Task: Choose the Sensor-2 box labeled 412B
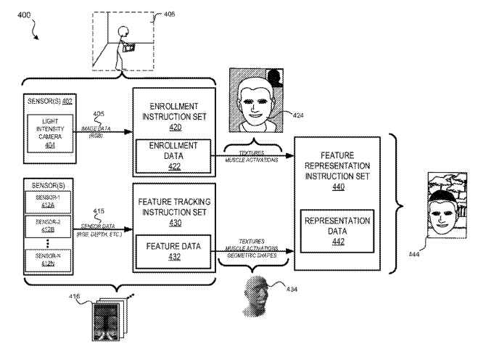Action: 47,228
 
